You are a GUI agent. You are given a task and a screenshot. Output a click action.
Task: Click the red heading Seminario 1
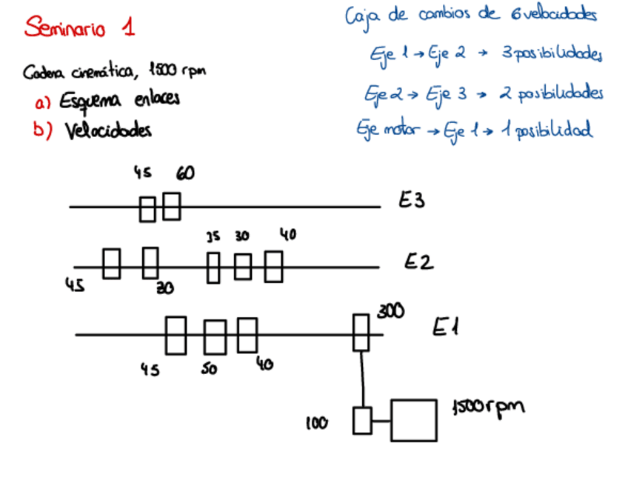tap(79, 28)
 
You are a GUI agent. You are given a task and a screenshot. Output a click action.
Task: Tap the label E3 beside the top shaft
tap(412, 201)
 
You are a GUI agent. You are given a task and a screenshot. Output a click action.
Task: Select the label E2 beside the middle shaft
tap(418, 262)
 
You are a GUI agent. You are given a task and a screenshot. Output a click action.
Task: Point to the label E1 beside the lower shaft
tap(445, 327)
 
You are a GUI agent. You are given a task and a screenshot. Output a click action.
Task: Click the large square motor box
tap(413, 420)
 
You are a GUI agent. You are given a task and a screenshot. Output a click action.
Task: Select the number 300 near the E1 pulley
tap(390, 312)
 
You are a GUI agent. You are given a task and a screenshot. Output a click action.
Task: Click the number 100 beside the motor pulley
tap(317, 423)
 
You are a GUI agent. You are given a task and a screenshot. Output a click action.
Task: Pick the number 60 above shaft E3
tap(185, 173)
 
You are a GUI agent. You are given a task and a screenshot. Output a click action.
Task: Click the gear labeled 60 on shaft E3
tap(172, 206)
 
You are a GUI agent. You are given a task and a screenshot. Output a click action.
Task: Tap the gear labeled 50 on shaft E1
tap(215, 337)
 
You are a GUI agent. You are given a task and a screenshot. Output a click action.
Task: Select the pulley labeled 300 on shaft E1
tap(361, 333)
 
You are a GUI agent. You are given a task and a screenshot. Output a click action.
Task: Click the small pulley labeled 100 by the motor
tap(362, 420)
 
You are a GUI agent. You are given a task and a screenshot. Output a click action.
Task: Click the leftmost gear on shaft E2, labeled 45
tap(111, 264)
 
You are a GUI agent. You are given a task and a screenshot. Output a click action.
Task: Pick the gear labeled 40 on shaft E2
tap(274, 267)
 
